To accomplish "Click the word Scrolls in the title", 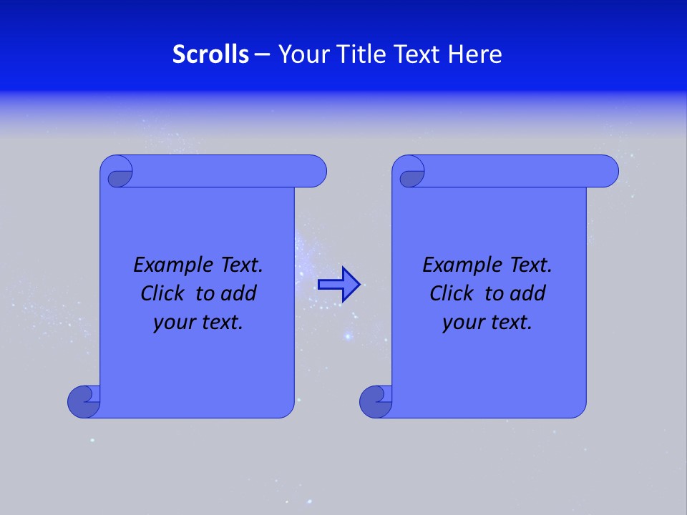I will coord(210,54).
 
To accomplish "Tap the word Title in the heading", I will coord(362,54).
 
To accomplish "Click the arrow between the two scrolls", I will coord(338,285).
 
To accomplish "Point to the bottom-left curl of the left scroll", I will coord(84,401).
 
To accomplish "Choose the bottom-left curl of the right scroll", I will coord(376,401).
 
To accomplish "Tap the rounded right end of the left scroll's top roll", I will coord(316,172).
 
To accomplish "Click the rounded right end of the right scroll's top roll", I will coord(608,172).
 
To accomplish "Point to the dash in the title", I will coord(262,54).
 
